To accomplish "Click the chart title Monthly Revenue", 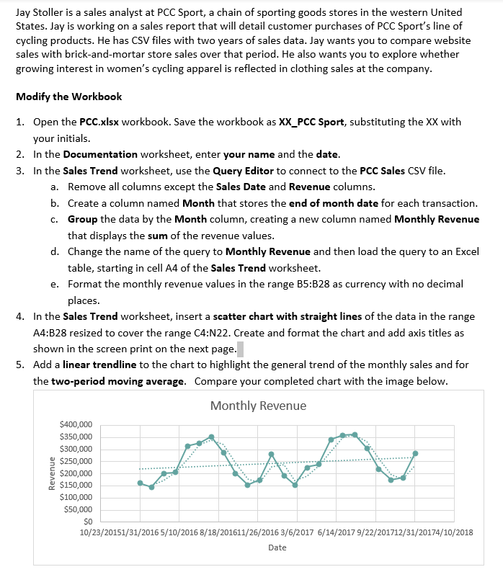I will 258,406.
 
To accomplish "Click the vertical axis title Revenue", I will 51,473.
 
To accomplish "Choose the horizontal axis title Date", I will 277,548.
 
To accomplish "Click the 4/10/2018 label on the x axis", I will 455,532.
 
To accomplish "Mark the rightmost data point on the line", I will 415,453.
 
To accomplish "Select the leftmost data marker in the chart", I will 140,483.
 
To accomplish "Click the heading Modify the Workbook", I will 68,97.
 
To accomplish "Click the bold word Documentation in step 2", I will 100,154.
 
